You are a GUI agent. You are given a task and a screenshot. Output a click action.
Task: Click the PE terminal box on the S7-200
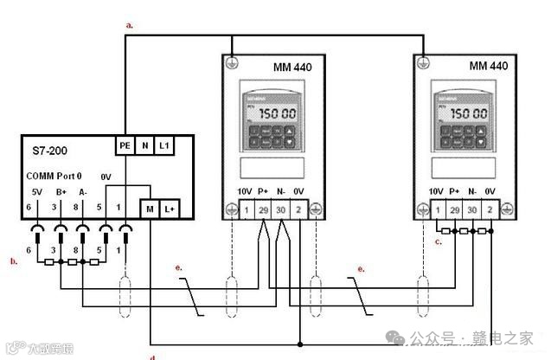pyautogui.click(x=125, y=146)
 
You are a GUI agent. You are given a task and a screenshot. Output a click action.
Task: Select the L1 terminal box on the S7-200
pyautogui.click(x=163, y=146)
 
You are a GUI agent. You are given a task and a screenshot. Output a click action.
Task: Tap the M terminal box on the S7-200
pyautogui.click(x=150, y=209)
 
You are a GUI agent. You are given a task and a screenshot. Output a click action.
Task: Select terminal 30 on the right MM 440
pyautogui.click(x=472, y=209)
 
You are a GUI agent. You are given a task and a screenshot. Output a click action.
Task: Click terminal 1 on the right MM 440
pyautogui.click(x=439, y=209)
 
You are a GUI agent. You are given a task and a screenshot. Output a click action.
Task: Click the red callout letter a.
pyautogui.click(x=130, y=26)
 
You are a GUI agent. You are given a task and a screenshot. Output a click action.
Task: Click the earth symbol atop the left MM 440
pyautogui.click(x=234, y=62)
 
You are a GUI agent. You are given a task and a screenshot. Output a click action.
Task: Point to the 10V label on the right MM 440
pyautogui.click(x=436, y=191)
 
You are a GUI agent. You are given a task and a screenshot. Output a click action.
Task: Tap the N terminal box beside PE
pyautogui.click(x=144, y=146)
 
